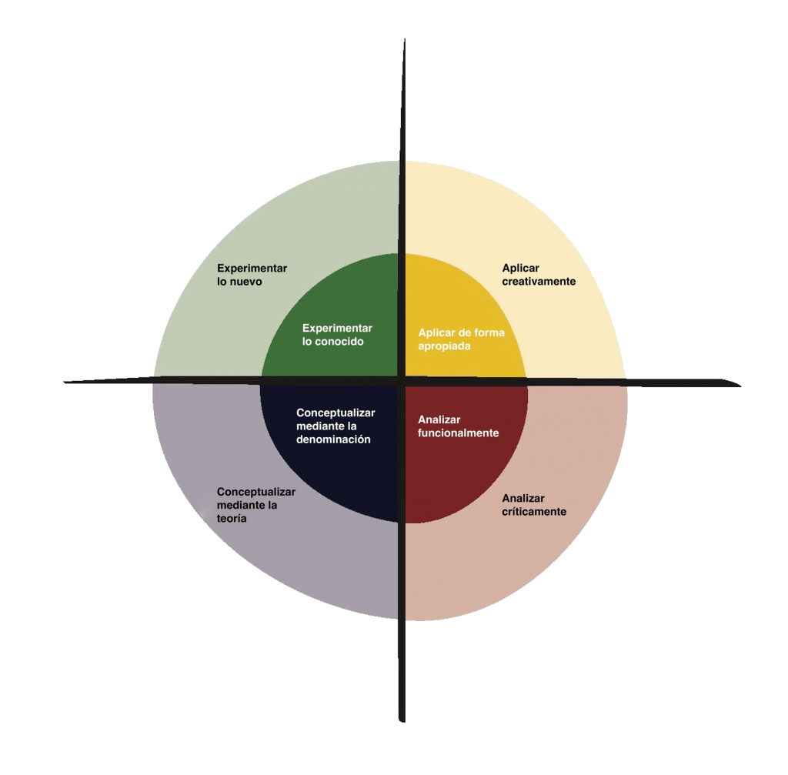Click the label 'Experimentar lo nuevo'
point(252,275)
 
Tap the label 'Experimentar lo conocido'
point(337,335)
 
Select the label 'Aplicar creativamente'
point(539,275)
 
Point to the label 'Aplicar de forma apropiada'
point(462,339)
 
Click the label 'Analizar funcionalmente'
point(459,426)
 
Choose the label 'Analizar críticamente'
point(534,505)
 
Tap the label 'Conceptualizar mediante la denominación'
point(336,426)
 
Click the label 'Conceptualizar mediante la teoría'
point(255,505)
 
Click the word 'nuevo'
point(246,282)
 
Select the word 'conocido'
point(339,341)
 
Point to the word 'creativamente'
point(539,282)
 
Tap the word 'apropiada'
point(444,346)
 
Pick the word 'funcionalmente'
point(459,433)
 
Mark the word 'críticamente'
point(534,512)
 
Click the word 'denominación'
point(333,439)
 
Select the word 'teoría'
point(232,519)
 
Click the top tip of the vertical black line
point(405,39)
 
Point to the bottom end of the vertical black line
point(402,722)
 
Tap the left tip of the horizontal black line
point(65,382)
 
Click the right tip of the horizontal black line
point(741,386)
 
